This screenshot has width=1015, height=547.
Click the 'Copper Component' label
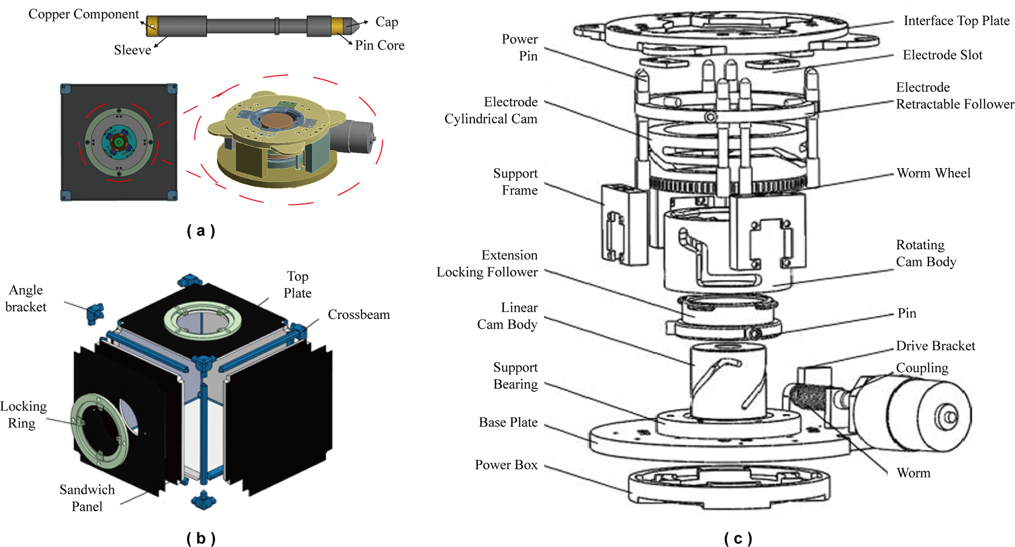pos(83,14)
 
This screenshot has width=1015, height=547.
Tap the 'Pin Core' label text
pos(380,45)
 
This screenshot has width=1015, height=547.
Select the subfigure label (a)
pos(201,230)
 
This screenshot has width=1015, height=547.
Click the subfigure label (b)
pos(201,538)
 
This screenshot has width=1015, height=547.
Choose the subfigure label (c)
pos(738,538)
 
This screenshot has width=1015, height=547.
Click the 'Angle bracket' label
pos(26,298)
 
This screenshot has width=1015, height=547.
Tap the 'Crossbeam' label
pos(358,315)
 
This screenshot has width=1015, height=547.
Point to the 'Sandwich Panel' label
pos(87,498)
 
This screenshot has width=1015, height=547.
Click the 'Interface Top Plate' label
pos(956,21)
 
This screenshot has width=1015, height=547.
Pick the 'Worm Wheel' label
pos(933,173)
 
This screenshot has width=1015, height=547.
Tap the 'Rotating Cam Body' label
pos(926,253)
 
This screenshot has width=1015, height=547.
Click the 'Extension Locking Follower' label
pos(487,263)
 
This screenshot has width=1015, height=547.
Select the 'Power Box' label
pos(506,465)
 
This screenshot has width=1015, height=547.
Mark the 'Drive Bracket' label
pos(935,346)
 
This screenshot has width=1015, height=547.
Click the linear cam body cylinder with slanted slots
pos(728,381)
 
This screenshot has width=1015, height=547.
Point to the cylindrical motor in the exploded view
pos(913,413)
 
